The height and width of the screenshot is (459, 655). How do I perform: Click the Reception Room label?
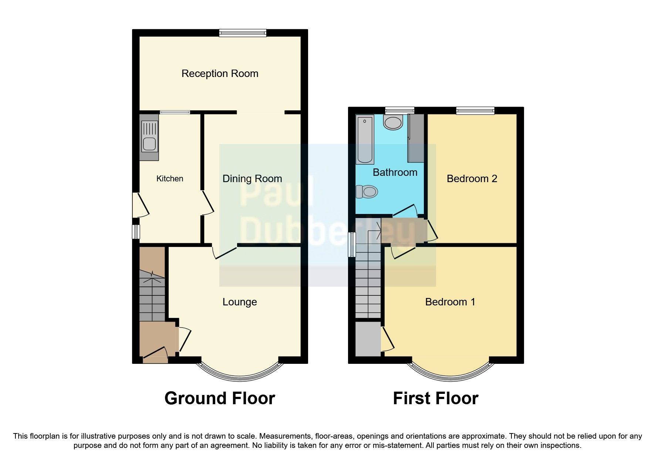click(220, 74)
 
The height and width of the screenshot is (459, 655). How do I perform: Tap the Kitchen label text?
click(170, 179)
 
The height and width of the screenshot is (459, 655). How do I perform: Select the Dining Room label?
click(252, 179)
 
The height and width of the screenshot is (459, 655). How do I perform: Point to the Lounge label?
click(239, 302)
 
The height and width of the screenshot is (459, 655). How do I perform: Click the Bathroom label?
click(395, 172)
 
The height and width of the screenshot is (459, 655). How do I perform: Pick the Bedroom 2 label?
click(472, 179)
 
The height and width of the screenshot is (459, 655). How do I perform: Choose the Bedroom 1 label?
click(450, 302)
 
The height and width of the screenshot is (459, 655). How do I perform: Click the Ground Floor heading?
click(220, 399)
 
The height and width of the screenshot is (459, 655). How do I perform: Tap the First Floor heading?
click(435, 399)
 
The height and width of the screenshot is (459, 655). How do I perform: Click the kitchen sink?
click(149, 137)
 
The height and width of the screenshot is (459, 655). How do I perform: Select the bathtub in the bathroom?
click(365, 139)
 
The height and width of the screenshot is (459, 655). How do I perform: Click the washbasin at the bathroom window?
click(393, 122)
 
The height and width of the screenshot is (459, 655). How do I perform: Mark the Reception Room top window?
click(242, 33)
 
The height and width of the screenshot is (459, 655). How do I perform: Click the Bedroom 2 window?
click(475, 110)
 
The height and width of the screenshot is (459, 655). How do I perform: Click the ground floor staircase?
click(152, 296)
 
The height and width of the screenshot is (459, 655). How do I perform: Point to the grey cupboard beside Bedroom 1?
click(368, 339)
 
